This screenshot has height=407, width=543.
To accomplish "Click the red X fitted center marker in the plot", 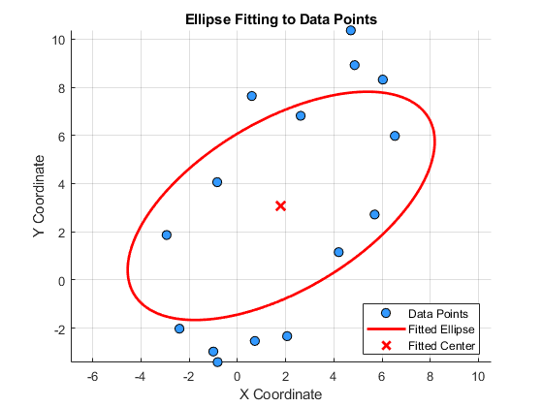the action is click(x=280, y=206).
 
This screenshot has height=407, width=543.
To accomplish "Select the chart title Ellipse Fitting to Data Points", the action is click(x=281, y=19).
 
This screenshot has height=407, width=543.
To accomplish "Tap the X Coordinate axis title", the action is click(x=280, y=394).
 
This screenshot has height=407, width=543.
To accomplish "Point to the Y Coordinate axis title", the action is click(x=39, y=196).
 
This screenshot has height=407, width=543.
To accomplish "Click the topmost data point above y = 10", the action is click(x=351, y=30).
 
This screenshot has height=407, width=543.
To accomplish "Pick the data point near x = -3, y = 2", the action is click(x=167, y=235).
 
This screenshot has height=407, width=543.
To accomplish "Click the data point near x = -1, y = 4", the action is click(x=217, y=182).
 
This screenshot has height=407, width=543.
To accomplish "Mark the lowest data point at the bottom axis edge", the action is click(x=217, y=362).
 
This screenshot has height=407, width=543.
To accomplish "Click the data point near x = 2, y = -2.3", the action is click(x=287, y=336).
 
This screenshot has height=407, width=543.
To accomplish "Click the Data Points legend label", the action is click(x=438, y=314).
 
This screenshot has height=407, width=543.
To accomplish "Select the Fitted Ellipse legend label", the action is click(x=441, y=329).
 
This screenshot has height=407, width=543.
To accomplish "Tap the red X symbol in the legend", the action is click(x=386, y=345).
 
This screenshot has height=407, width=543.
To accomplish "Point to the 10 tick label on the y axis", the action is click(x=58, y=40).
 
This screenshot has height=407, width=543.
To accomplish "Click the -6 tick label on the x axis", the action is click(x=92, y=376).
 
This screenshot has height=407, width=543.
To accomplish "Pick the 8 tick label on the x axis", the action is click(x=430, y=376).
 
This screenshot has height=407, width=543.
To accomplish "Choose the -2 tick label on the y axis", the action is click(x=59, y=329).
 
